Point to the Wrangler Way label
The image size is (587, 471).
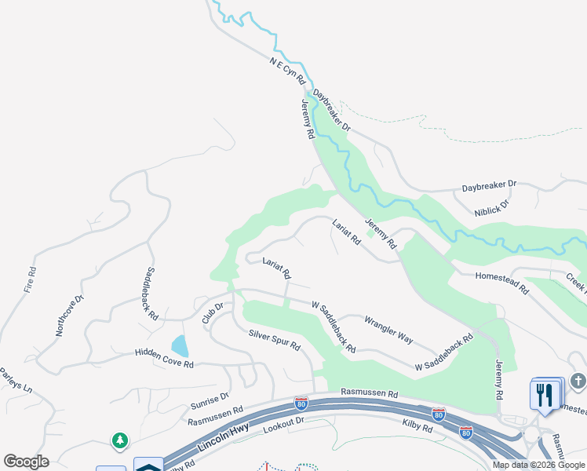coord(388,329)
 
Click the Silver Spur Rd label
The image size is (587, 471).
coord(275,340)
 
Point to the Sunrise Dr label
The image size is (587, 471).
coord(209,402)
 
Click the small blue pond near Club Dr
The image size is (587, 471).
coord(180,345)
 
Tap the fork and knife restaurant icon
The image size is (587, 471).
coord(546,393)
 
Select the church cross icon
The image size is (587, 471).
coord(578,382)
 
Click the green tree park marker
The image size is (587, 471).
coord(120,441)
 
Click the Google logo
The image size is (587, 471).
coord(26,462)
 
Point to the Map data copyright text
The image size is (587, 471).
coord(538,465)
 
